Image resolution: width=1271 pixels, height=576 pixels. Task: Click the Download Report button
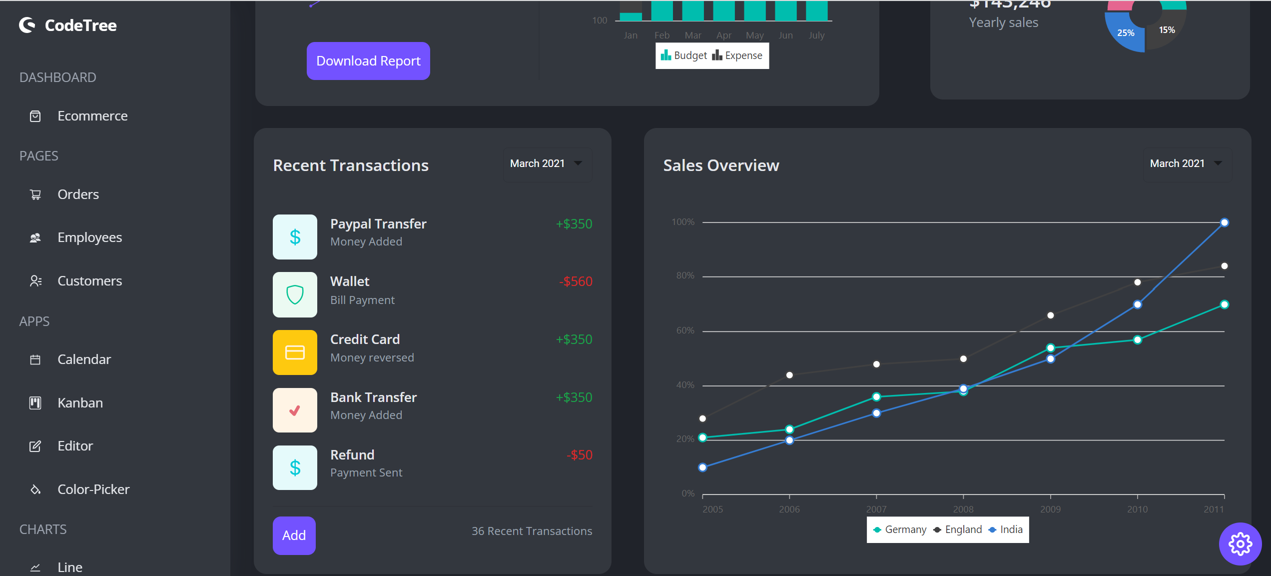368,61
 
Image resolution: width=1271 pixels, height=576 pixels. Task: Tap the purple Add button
294,535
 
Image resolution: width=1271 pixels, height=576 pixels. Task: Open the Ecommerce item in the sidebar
92,116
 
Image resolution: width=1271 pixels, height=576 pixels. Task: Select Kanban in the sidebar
80,403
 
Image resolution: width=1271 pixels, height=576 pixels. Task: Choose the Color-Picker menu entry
93,489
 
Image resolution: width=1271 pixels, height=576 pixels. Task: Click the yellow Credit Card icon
295,352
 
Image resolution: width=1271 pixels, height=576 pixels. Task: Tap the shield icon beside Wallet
295,295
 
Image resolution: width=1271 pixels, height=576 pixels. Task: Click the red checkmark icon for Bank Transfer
295,410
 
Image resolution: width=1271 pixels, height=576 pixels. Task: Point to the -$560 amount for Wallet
576,281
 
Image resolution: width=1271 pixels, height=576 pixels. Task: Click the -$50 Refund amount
579,455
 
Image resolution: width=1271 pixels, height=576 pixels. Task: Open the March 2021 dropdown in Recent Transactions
547,164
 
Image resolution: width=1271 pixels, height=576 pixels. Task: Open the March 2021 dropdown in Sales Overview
1187,164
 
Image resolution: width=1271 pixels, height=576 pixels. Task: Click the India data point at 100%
1224,223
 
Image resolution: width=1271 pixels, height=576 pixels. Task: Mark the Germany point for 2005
702,437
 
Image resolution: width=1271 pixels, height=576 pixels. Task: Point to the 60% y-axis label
685,330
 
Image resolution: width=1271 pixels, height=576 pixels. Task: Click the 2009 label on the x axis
1050,509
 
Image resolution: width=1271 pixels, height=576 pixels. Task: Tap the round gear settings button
1240,544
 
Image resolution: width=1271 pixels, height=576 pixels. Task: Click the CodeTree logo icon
27,25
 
